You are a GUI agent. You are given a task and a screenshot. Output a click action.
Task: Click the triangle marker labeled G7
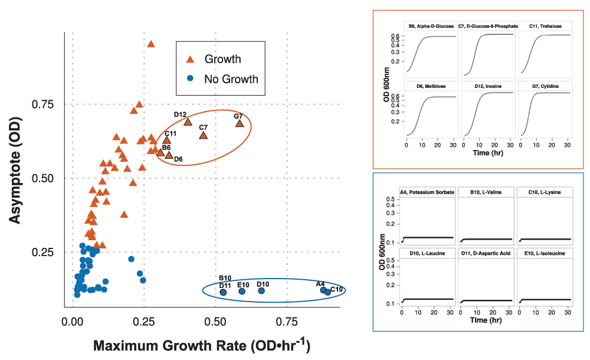pos(240,123)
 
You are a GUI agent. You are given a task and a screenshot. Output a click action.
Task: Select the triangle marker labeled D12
pos(188,122)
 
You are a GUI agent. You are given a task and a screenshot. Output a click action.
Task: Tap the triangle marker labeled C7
pos(204,135)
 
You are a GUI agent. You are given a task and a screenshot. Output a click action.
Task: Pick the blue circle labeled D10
pos(261,290)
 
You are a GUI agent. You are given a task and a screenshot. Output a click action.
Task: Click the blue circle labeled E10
pos(242,291)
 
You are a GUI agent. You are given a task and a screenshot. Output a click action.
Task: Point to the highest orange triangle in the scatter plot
pos(151,44)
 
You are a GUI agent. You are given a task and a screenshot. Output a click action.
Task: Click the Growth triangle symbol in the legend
pos(190,59)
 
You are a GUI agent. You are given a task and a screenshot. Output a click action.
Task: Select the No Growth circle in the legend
pos(190,78)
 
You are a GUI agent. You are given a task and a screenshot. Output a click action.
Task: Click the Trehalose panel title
pos(545,27)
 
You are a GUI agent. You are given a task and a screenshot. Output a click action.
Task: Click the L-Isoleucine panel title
pos(545,253)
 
